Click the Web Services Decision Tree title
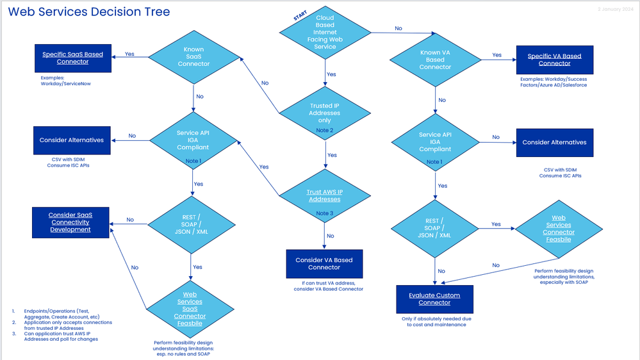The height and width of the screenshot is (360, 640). coord(89,12)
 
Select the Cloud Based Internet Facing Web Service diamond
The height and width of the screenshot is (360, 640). coord(324,33)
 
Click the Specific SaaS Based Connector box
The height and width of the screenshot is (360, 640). coord(72,58)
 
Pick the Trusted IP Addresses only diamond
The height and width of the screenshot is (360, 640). coord(325,113)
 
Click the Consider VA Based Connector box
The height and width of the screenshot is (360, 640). coord(324,263)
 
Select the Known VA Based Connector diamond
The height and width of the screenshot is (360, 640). coord(436,60)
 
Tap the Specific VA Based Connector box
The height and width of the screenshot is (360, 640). coord(554,60)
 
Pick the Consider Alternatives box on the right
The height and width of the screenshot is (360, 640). coord(554,142)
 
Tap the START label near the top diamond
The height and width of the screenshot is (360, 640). coord(300,16)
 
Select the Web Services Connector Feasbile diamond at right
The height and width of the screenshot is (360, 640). coord(558,229)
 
